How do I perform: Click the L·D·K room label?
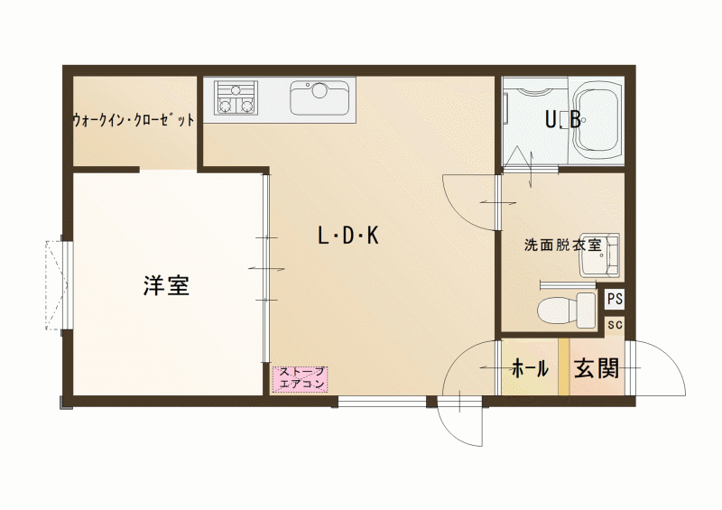(x=348, y=236)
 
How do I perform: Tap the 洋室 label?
(x=166, y=285)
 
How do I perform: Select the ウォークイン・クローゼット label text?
(x=134, y=120)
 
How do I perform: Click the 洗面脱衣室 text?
(x=562, y=246)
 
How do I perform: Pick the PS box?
(x=615, y=299)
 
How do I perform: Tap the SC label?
(x=615, y=325)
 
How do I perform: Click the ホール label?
(x=530, y=368)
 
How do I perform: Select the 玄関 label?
(x=597, y=367)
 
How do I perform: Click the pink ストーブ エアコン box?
(x=301, y=379)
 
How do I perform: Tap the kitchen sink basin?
(x=319, y=98)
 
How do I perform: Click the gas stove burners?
(x=236, y=98)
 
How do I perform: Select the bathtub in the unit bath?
(x=597, y=121)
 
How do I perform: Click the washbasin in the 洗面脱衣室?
(x=599, y=255)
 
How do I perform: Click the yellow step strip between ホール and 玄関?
(x=563, y=367)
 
